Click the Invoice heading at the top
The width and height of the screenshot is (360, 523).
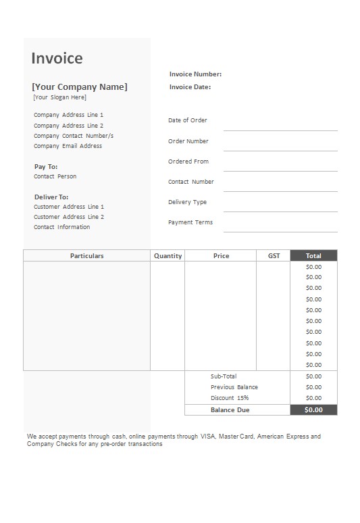(x=57, y=58)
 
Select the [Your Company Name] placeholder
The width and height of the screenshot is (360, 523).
(x=80, y=86)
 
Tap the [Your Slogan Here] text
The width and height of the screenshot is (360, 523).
(x=59, y=97)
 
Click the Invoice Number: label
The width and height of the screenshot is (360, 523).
(x=195, y=74)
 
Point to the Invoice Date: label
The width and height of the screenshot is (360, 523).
(x=190, y=86)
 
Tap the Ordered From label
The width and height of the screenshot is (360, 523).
(x=188, y=161)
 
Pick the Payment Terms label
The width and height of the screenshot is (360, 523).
(x=190, y=222)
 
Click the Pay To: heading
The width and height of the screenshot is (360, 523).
(x=46, y=166)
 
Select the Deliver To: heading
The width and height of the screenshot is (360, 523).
(x=51, y=197)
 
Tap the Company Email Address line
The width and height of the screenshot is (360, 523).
(x=68, y=146)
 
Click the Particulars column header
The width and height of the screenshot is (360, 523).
(x=87, y=256)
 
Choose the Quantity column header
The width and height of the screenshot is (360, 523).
(x=168, y=256)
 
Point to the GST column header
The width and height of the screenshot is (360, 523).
(x=274, y=256)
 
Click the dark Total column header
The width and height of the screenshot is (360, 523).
(x=313, y=256)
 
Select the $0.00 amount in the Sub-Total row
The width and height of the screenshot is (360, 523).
(x=313, y=376)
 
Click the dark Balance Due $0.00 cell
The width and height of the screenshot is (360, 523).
(x=313, y=409)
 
